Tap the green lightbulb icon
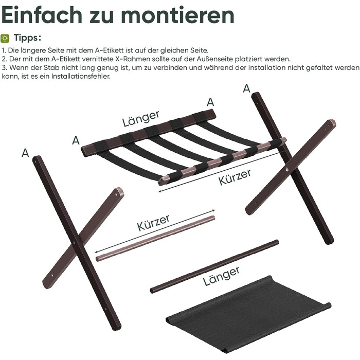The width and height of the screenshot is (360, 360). (5, 39)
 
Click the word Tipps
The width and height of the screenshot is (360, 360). (28, 38)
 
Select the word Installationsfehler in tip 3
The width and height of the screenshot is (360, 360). (81, 76)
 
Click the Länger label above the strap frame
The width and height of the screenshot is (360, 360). (140, 118)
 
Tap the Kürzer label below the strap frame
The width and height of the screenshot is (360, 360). (235, 177)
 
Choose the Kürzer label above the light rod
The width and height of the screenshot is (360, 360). (153, 223)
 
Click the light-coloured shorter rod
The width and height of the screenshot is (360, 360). (155, 239)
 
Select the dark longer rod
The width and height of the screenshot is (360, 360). (214, 266)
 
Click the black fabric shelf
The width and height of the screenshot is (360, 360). (248, 315)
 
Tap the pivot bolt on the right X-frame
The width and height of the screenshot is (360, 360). (287, 169)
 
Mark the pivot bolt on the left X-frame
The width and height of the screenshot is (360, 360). (75, 242)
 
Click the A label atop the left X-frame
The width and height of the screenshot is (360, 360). (25, 153)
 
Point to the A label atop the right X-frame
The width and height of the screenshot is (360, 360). (246, 88)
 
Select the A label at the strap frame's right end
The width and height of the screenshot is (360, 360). (210, 102)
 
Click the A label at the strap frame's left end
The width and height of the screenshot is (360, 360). (76, 140)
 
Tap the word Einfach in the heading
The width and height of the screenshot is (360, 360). (42, 15)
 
